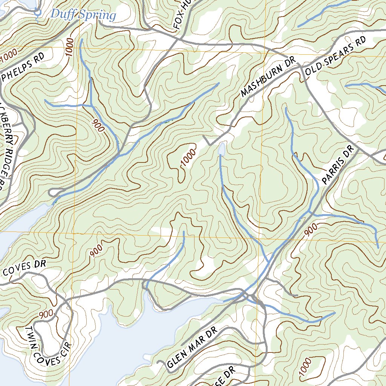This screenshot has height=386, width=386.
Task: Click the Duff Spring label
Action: [x=83, y=15]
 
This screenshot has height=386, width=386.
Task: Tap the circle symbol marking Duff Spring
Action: [x=37, y=12]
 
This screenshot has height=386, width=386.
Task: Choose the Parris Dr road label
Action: [x=339, y=166]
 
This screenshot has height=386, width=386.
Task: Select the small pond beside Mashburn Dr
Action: [x=222, y=149]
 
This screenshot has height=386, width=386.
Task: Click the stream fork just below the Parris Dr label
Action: [x=309, y=212]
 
